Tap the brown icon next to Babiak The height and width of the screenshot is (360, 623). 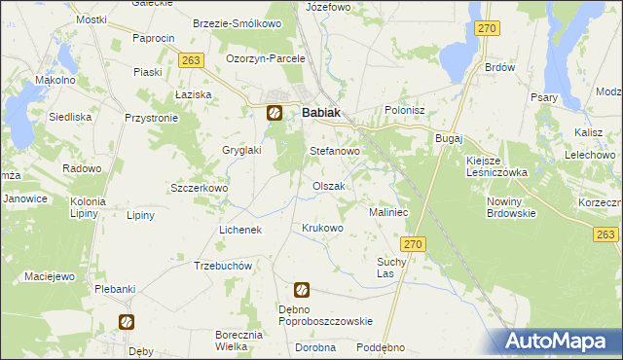tap(275, 113)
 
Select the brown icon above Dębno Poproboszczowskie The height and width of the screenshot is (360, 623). tap(302, 289)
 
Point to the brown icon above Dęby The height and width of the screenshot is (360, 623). tap(126, 322)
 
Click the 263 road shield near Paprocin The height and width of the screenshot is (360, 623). tap(190, 60)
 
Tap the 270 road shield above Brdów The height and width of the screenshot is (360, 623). tap(488, 29)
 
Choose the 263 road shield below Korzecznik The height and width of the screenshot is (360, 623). tap(605, 234)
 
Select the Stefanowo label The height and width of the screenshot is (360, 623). tap(335, 153)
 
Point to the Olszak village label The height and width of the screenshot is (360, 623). tap(328, 186)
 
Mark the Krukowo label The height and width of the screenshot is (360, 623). tap(323, 229)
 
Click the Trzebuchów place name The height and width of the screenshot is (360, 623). tap(223, 266)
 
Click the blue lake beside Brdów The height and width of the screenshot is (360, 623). tap(456, 58)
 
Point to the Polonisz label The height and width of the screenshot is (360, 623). tap(405, 111)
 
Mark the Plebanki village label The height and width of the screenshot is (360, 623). tap(113, 290)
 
